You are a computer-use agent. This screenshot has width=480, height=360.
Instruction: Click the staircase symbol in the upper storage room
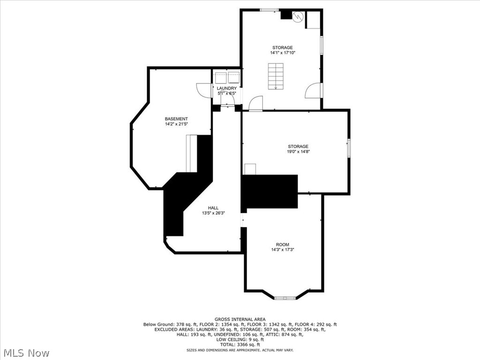click(276, 77)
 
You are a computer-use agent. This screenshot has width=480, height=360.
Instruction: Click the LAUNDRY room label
click(226, 88)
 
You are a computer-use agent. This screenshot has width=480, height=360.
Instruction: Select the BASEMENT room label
click(176, 119)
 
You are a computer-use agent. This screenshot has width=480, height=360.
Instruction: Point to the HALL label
click(213, 208)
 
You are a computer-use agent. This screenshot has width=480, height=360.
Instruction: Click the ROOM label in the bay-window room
click(282, 244)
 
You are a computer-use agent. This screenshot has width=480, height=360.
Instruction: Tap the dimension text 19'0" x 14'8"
click(299, 151)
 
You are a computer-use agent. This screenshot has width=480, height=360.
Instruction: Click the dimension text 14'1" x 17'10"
click(283, 52)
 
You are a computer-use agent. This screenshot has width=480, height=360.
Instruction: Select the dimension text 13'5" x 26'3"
click(213, 213)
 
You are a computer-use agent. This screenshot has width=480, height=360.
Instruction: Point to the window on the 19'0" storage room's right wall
click(348, 147)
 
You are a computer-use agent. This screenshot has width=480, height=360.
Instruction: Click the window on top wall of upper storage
click(270, 10)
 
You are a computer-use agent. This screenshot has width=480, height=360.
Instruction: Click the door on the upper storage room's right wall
click(313, 91)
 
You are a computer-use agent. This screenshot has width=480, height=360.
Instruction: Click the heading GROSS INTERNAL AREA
click(240, 319)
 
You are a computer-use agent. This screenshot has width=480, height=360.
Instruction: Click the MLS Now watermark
click(26, 352)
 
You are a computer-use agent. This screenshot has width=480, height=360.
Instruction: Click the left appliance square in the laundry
click(220, 77)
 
